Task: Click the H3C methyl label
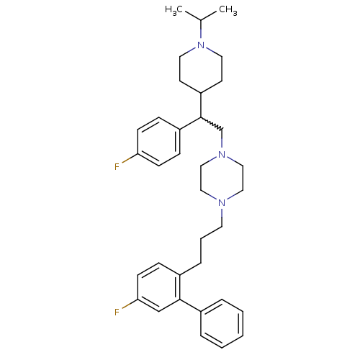point(174,10)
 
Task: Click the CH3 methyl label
point(228,10)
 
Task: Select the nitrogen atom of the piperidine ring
point(201,45)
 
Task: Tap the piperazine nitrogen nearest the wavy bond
point(222,154)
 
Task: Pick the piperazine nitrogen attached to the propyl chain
point(222,203)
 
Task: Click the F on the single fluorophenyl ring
point(117,166)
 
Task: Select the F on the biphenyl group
point(117,312)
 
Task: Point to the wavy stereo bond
point(212,124)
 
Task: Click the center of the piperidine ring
point(201,69)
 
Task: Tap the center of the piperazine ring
point(222,179)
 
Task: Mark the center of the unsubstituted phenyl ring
point(222,323)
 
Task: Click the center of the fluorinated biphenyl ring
point(158,287)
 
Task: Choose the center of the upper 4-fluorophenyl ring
point(158,142)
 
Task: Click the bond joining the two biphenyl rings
point(190,305)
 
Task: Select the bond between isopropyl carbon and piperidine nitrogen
point(201,30)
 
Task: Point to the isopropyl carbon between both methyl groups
point(201,20)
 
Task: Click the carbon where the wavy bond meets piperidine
point(201,117)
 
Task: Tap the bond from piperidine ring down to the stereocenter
point(201,105)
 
